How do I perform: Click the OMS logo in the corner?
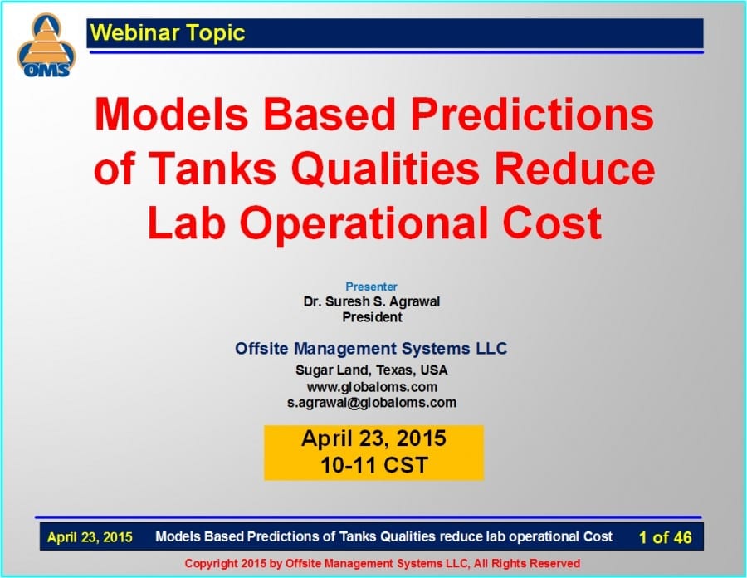click(x=46, y=47)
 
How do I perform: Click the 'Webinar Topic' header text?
click(x=168, y=33)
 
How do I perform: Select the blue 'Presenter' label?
click(x=371, y=287)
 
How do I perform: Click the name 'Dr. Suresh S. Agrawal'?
click(x=371, y=301)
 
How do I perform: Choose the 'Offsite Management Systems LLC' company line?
click(x=371, y=349)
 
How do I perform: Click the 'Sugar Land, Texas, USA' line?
click(x=371, y=370)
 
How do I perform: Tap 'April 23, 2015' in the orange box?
click(x=373, y=438)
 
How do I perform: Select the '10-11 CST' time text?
click(x=373, y=465)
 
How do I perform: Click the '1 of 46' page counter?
click(x=665, y=537)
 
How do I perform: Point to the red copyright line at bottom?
click(x=382, y=563)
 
